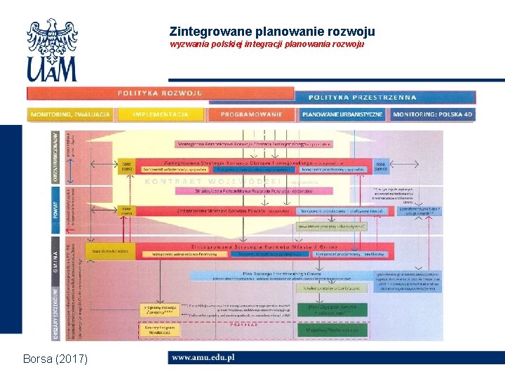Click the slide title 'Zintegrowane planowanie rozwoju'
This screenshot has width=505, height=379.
pos(272,32)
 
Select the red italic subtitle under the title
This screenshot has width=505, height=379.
pos(267,44)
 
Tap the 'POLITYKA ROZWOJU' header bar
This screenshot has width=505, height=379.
pos(160,93)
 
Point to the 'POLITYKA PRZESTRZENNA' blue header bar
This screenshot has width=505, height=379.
pos(372,98)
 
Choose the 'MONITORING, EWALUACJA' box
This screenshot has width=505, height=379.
pos(69,114)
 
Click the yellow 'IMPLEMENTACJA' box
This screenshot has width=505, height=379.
pos(161,114)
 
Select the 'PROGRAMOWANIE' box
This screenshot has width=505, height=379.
pos(251,114)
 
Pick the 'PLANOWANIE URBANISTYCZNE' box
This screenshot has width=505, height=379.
pos(343,114)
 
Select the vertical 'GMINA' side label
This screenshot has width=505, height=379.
pos(56,251)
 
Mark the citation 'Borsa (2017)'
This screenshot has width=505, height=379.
pos(55,359)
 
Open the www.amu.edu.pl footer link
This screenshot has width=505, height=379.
pos(203,358)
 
